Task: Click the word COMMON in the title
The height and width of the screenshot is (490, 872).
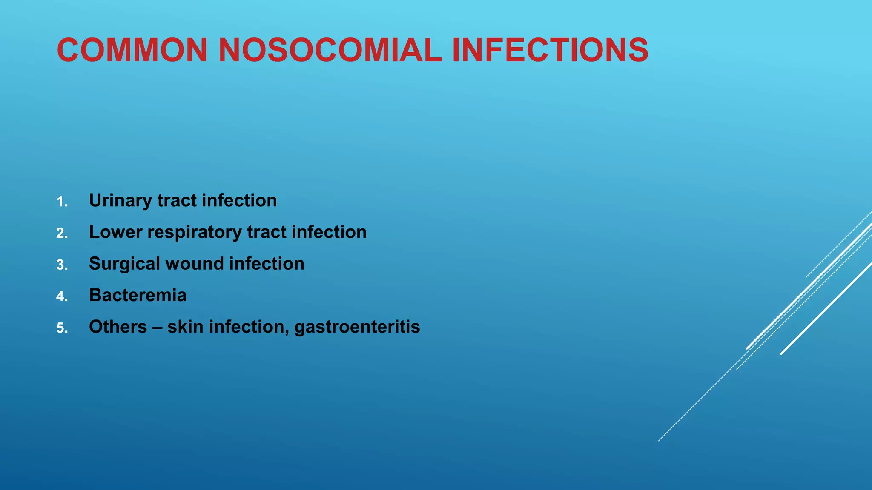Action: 132,50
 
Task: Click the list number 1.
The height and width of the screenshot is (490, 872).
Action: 62,202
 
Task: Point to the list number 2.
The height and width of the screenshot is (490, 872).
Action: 62,234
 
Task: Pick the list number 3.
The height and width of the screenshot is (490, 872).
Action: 62,265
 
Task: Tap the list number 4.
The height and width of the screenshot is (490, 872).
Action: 62,296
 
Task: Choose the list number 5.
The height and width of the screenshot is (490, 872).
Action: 62,328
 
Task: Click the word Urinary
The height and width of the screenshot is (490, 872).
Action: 120,201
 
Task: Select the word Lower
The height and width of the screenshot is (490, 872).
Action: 115,232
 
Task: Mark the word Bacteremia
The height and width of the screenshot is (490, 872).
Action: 138,295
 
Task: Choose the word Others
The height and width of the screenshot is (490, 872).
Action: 118,327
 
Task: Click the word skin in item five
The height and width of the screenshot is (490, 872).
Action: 185,327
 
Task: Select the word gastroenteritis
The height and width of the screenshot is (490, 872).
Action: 357,327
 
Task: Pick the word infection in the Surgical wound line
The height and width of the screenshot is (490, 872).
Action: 267,264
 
